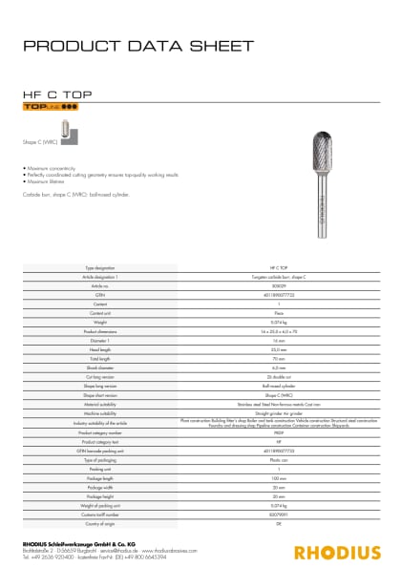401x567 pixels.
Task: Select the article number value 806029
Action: [279, 284]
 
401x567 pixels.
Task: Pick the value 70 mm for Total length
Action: [279, 357]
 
